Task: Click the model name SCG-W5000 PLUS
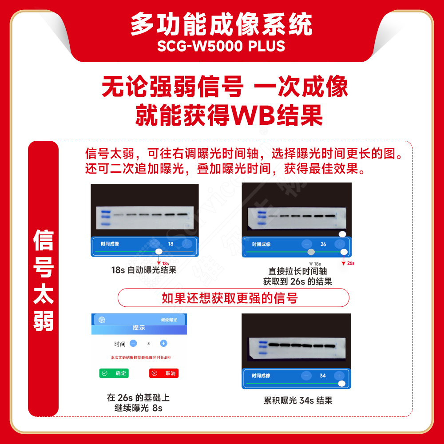221,46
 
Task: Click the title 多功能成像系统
221,24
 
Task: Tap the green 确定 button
114,373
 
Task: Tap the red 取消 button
164,373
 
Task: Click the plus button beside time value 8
163,343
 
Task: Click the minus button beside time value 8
134,343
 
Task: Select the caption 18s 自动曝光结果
144,270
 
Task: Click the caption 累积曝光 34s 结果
298,400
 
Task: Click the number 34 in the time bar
323,376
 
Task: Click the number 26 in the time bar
323,244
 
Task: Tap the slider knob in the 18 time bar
159,252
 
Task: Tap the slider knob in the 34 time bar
341,384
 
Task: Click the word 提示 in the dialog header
139,328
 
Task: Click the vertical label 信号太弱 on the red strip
44,280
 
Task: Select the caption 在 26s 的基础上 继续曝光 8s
138,403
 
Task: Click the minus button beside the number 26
306,244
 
